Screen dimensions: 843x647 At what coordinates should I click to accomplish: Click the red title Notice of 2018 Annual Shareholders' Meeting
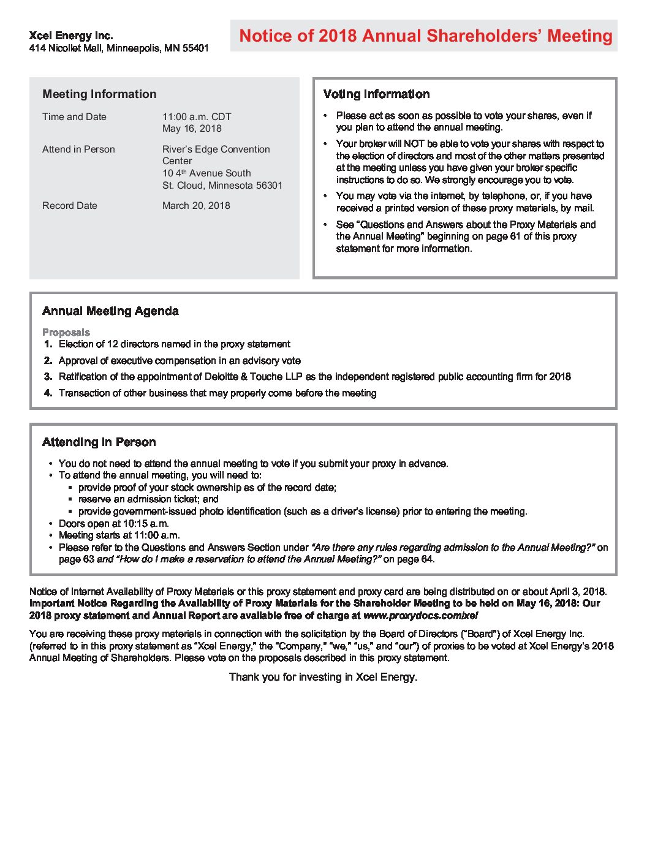425,36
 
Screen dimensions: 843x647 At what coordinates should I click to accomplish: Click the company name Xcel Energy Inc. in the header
71,36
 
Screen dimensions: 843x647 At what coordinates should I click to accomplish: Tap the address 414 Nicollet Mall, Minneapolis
119,48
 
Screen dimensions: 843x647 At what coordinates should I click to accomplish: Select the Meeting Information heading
99,94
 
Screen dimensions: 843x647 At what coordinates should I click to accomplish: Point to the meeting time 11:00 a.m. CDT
197,116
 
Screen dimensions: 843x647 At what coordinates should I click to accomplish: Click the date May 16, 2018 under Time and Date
192,129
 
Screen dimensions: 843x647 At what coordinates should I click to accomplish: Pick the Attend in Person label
78,149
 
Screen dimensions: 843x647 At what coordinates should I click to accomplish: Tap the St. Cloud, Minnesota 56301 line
222,186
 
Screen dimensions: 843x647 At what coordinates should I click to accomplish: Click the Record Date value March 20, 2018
196,206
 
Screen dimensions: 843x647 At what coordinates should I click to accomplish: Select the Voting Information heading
376,94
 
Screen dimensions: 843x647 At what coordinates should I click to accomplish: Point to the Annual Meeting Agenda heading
110,311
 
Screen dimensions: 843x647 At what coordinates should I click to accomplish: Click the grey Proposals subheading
66,332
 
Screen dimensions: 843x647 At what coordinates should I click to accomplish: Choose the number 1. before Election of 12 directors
48,344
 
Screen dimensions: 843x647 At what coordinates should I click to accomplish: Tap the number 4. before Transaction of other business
48,393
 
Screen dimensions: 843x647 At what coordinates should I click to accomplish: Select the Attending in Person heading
99,442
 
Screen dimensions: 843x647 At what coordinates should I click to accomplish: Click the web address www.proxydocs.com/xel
420,616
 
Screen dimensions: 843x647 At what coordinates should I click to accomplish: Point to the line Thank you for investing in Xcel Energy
323,677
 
